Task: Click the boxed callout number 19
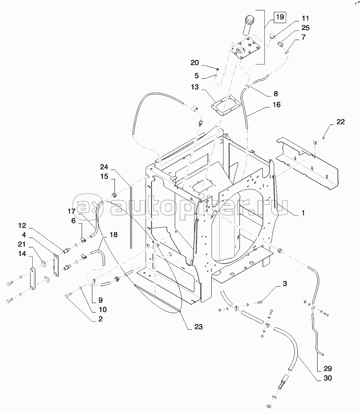tap(279, 18)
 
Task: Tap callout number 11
tap(305, 19)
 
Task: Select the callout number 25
tap(305, 28)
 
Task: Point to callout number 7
tap(303, 38)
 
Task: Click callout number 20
tap(194, 63)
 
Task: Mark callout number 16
tap(276, 105)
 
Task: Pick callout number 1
tap(303, 213)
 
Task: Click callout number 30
tap(328, 378)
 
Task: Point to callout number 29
tap(328, 368)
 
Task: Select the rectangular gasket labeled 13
tap(224, 106)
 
